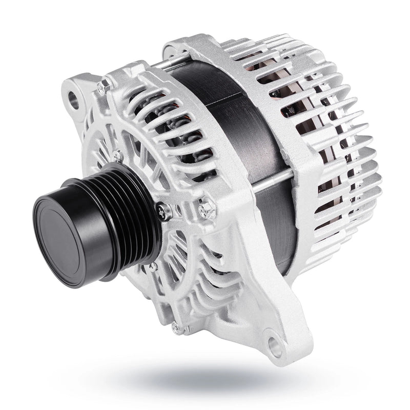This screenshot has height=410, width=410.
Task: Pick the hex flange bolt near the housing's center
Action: coord(207,209)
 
